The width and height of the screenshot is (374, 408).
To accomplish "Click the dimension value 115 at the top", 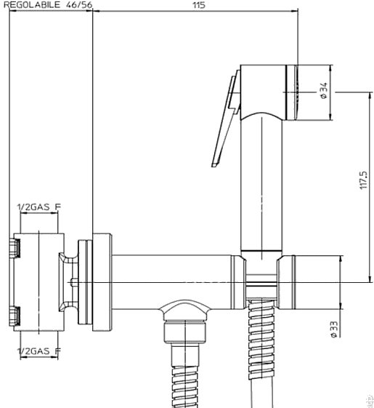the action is click(199, 5).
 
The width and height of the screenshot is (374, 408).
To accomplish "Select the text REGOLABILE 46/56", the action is click(48, 4).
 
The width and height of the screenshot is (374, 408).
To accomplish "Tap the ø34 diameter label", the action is click(324, 91).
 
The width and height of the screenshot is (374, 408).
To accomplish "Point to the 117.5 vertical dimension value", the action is click(363, 180).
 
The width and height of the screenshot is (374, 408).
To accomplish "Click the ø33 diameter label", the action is click(334, 329).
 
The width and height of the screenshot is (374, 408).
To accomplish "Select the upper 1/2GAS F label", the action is click(39, 207).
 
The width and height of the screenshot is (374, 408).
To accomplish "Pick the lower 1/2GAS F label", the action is click(39, 351).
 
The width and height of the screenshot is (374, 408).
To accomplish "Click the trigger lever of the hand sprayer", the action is click(226, 119).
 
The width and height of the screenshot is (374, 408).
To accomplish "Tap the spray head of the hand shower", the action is click(269, 92).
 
